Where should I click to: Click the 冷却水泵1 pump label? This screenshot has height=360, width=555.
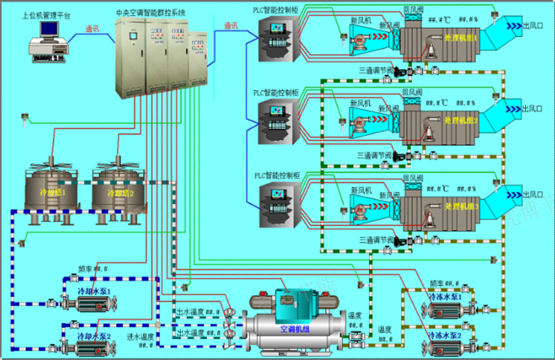[x=94, y=290]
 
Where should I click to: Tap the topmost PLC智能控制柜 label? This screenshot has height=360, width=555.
[x=275, y=10]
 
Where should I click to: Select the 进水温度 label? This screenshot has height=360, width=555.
[x=140, y=337]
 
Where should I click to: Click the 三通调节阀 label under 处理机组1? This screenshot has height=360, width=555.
[x=376, y=70]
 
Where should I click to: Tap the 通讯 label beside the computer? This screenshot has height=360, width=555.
[x=92, y=29]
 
